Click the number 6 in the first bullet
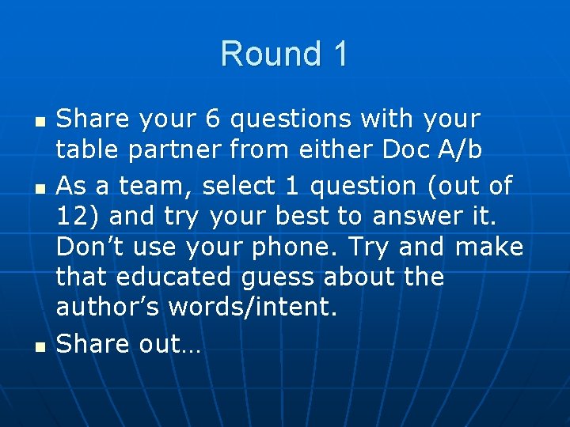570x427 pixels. pyautogui.click(x=213, y=119)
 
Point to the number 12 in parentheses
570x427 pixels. pyautogui.click(x=70, y=217)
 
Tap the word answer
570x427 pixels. pyautogui.click(x=393, y=217)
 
